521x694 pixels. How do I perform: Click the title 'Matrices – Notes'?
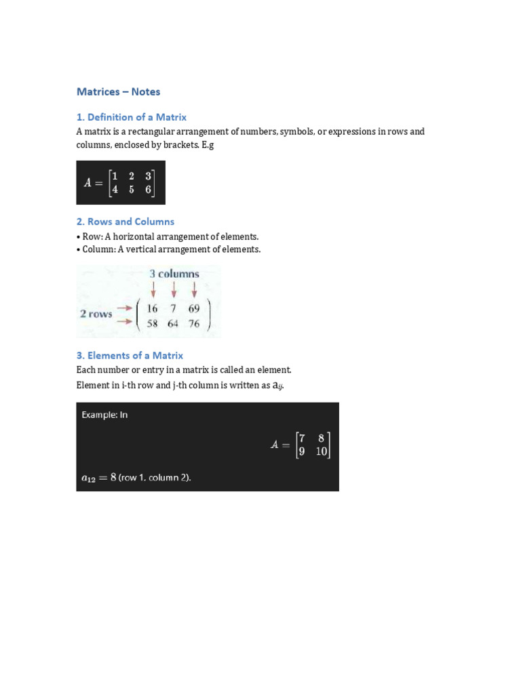point(118,91)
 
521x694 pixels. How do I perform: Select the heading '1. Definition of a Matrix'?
point(131,117)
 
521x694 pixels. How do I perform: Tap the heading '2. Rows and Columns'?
point(125,222)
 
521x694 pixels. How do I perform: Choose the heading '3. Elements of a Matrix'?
point(130,355)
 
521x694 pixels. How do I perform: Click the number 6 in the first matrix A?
point(148,190)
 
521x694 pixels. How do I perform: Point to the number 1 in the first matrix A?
point(115,176)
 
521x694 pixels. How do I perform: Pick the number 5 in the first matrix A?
point(132,190)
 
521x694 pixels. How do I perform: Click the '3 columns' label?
point(174,274)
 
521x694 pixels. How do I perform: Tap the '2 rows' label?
point(96,314)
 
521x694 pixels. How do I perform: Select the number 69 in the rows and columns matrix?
point(194,308)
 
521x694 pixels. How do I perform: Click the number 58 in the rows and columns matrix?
point(152,323)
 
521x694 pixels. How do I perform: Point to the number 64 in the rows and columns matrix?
point(173,323)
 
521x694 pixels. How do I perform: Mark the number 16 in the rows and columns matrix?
point(152,308)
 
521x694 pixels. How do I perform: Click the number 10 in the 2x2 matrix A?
point(321,451)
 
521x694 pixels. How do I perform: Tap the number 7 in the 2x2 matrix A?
point(302,438)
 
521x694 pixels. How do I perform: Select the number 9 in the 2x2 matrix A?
point(302,451)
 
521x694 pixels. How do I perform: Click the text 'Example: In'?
point(104,415)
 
